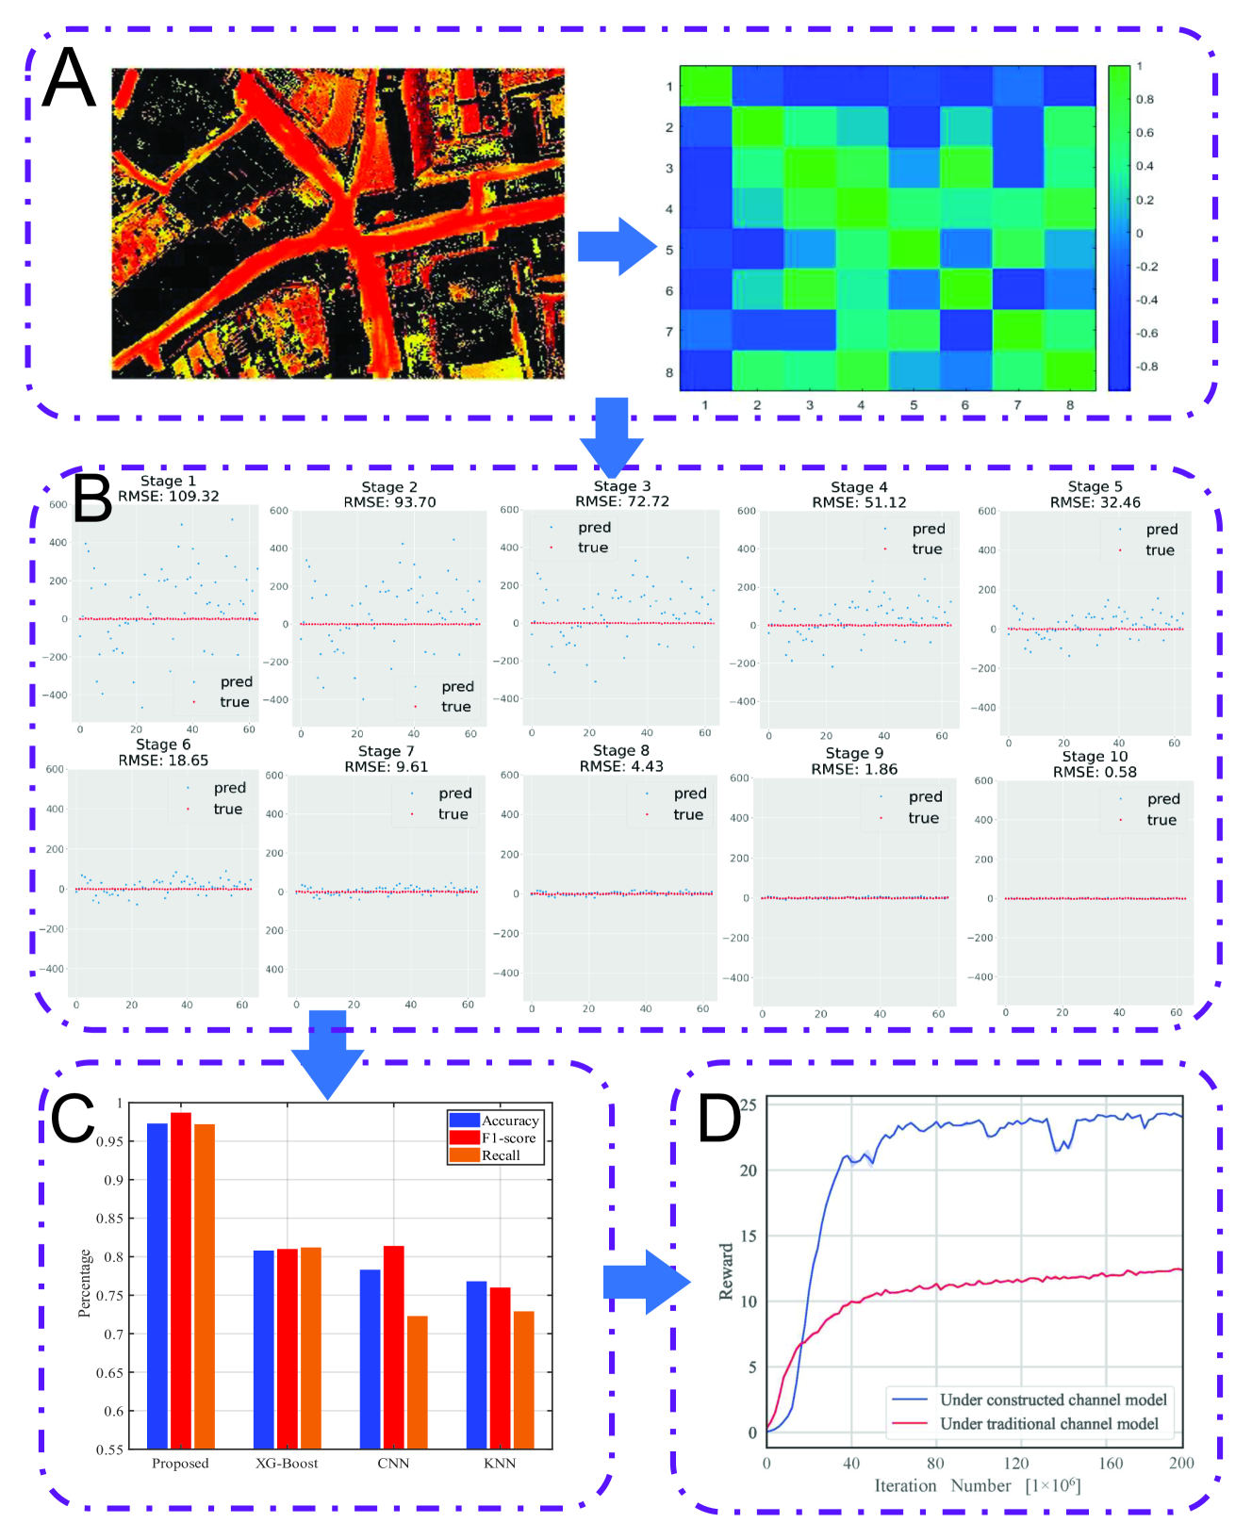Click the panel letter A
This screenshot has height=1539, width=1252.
pyautogui.click(x=70, y=78)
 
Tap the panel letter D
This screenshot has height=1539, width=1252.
pyautogui.click(x=718, y=1119)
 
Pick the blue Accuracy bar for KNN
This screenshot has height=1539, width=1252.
pyautogui.click(x=477, y=1365)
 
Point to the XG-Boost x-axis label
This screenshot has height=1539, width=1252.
pyautogui.click(x=287, y=1464)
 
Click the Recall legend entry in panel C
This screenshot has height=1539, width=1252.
pyautogui.click(x=501, y=1155)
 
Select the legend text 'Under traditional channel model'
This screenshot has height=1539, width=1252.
pyautogui.click(x=1048, y=1424)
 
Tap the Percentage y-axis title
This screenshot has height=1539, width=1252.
pyautogui.click(x=85, y=1283)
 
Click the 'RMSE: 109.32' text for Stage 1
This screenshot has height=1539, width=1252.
pyautogui.click(x=169, y=496)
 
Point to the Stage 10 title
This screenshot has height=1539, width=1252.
pyautogui.click(x=1095, y=756)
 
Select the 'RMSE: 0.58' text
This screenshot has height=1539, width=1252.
pyautogui.click(x=1095, y=772)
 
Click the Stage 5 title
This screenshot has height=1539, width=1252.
pyautogui.click(x=1095, y=486)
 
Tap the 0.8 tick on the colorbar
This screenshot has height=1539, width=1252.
pyautogui.click(x=1145, y=99)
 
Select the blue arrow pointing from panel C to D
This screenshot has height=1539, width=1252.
pyautogui.click(x=646, y=1282)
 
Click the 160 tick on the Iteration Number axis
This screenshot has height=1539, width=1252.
pyautogui.click(x=1111, y=1464)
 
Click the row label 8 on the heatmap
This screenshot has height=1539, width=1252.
pyautogui.click(x=669, y=372)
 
